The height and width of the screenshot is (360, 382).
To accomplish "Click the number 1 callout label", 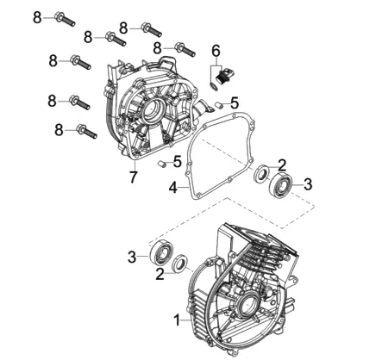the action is [178, 320].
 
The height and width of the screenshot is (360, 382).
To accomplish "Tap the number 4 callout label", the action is [173, 187].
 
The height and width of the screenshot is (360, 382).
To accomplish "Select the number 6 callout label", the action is [216, 51].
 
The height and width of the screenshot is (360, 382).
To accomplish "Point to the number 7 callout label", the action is [133, 177].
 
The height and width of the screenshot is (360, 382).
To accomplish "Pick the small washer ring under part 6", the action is [212, 85].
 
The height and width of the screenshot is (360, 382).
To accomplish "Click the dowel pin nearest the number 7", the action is [161, 164].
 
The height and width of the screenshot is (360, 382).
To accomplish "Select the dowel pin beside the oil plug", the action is [220, 104].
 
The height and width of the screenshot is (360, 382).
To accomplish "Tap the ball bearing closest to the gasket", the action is [281, 185].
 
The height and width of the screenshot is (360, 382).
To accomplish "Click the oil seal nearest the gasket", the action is [262, 173].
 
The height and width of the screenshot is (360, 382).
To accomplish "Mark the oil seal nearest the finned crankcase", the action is [180, 263].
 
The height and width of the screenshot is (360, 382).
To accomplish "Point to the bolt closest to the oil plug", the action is [185, 49].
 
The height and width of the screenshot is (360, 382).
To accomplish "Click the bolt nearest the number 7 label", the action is [86, 131].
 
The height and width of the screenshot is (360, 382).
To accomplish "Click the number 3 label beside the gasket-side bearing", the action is [308, 184].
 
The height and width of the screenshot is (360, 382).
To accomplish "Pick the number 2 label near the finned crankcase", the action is [160, 274].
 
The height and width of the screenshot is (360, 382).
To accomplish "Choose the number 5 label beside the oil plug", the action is [235, 102].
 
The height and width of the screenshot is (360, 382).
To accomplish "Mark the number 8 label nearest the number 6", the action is [157, 48].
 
